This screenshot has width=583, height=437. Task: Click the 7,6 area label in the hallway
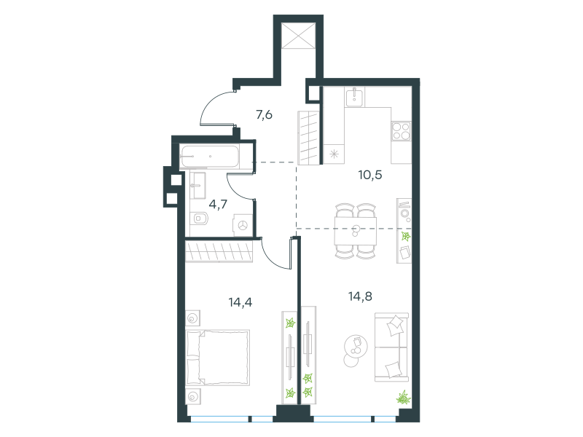click(264, 115)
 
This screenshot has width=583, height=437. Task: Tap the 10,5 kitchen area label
click(370, 175)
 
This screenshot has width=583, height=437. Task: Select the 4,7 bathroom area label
click(218, 204)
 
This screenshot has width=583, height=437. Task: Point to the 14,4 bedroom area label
click(240, 302)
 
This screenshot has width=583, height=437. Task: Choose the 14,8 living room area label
click(360, 296)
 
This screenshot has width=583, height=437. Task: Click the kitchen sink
click(355, 98)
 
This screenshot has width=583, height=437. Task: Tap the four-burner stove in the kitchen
click(402, 131)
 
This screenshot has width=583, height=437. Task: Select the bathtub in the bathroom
click(209, 157)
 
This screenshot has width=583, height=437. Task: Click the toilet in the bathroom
click(199, 219)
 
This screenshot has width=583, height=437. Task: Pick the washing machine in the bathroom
click(243, 225)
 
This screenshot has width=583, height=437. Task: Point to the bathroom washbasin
click(197, 185)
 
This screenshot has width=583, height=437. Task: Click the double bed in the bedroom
click(217, 358)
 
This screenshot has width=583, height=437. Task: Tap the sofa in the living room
click(391, 347)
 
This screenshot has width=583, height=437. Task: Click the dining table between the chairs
click(356, 231)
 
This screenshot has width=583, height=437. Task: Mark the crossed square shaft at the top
click(298, 35)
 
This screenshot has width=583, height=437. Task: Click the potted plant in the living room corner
click(403, 398)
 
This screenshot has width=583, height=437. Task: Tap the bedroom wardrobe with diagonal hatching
click(219, 251)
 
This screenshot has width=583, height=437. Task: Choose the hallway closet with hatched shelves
click(308, 138)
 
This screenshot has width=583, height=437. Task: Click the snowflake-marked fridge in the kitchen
click(334, 154)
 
